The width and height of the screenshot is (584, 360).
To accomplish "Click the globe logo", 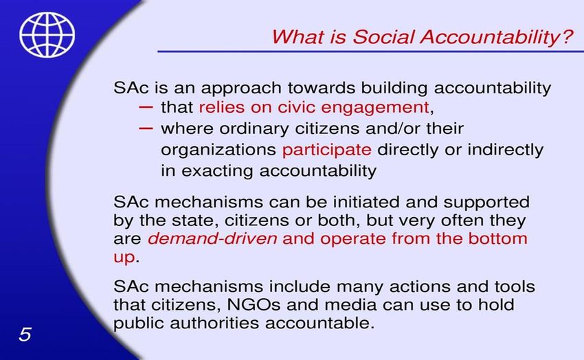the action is pyautogui.click(x=47, y=34).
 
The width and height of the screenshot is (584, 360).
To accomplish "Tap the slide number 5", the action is pyautogui.click(x=25, y=335).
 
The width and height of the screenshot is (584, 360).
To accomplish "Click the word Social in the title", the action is pyautogui.click(x=383, y=36).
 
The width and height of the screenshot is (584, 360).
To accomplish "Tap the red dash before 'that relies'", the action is pyautogui.click(x=146, y=107).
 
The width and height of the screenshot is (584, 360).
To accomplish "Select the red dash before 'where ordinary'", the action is pyautogui.click(x=146, y=128).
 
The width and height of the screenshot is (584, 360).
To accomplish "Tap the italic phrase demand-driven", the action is pyautogui.click(x=212, y=238).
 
